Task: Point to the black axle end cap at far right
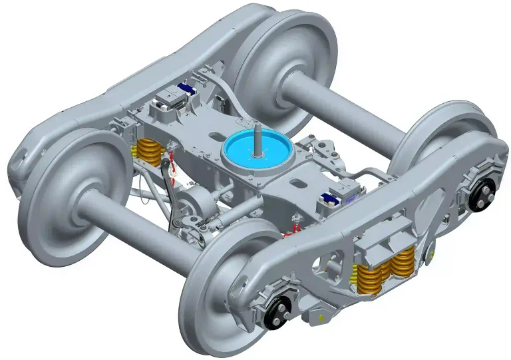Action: point(483,194)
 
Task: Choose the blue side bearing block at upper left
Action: point(183,90)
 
